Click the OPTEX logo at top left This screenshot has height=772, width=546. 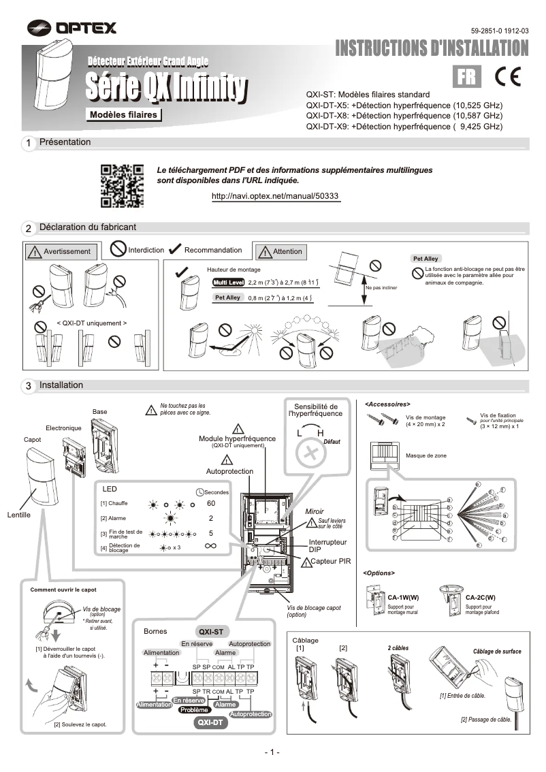coord(72,27)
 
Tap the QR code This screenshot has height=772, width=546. coord(122,185)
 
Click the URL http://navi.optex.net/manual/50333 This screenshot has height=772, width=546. coord(275,195)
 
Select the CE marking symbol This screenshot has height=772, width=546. coord(507,76)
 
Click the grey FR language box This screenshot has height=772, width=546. coord(468,77)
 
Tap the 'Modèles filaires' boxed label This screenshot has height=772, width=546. coord(123,114)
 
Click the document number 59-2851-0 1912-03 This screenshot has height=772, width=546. coord(499,31)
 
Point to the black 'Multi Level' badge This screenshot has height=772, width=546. coord(228,282)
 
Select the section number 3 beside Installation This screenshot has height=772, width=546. coord(29,386)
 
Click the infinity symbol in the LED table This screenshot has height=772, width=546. coord(210,546)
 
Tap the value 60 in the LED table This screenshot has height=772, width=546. coord(211,503)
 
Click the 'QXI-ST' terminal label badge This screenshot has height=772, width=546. coord(210,631)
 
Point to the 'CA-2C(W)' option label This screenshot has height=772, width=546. coord(481,597)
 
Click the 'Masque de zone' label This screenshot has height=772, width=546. coord(426,455)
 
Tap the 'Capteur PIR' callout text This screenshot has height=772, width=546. coord(331,562)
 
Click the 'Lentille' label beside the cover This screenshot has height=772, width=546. coord(19,515)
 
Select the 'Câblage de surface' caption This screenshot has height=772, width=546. coord(497,652)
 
